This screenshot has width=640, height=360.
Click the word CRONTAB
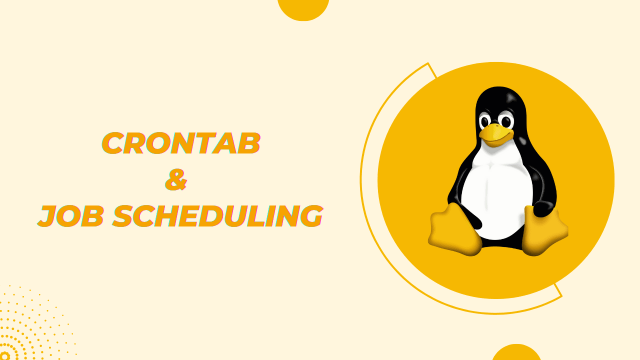181,143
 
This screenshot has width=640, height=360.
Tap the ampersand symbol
176,180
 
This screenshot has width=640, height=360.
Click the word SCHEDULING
217,216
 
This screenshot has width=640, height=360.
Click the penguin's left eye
485,121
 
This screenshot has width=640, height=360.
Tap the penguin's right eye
505,121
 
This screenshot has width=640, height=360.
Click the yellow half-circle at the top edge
303,8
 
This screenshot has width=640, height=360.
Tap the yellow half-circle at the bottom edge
516,353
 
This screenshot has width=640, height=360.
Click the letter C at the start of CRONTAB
114,143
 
